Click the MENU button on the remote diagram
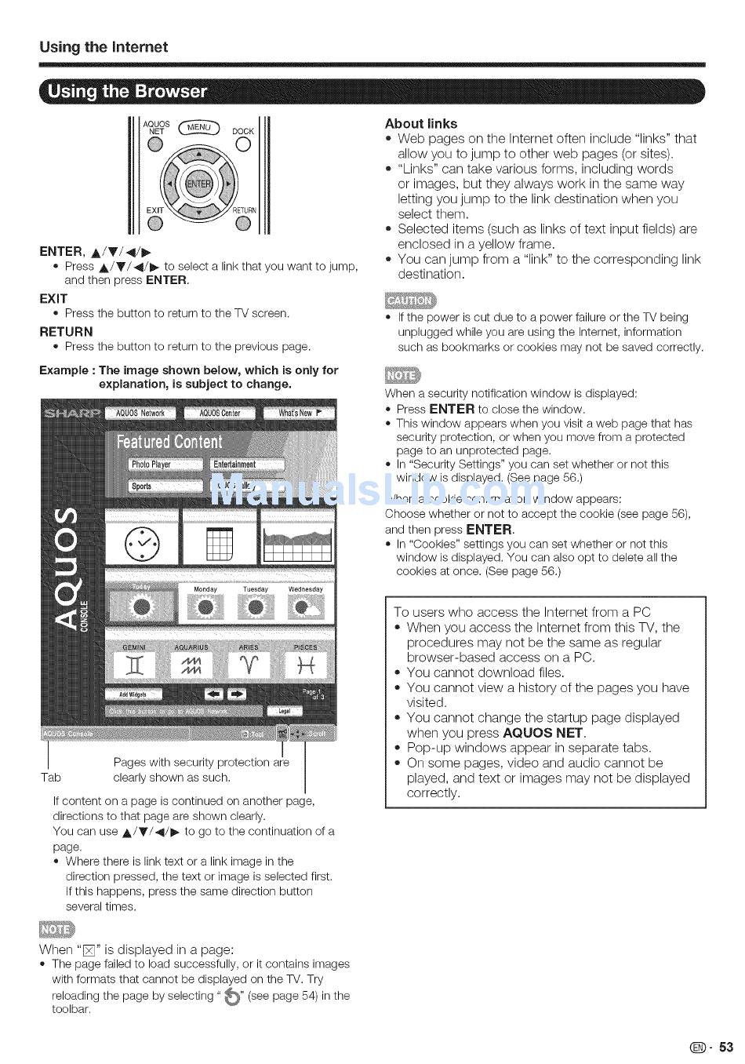199,127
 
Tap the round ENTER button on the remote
199,184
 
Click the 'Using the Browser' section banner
128,91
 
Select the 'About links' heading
420,123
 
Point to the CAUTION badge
409,301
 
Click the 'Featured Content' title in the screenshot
169,442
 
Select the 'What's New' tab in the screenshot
298,413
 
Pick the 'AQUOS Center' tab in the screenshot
220,413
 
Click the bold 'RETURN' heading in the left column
66,331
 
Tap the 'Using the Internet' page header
104,47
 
